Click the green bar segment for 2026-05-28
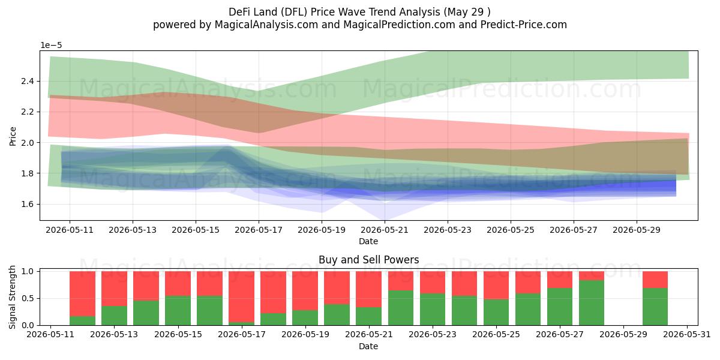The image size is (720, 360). (592, 303)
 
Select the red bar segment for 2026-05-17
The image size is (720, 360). (241, 296)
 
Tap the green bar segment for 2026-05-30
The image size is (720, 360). (655, 307)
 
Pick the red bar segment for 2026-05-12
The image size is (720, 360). (83, 294)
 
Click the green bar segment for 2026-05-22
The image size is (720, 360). (401, 308)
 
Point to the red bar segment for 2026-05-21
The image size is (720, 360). (368, 289)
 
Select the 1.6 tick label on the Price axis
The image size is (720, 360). (28, 204)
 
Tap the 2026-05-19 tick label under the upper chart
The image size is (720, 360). (322, 230)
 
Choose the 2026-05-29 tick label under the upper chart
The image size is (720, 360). (637, 230)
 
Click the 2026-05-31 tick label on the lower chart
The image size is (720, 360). (687, 334)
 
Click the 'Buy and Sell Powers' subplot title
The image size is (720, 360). (368, 260)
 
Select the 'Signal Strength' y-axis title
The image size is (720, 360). (12, 298)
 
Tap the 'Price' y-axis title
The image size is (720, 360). (13, 136)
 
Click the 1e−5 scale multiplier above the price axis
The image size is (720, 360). (51, 46)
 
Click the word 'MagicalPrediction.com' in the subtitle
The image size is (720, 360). (399, 25)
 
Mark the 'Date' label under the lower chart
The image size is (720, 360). (368, 346)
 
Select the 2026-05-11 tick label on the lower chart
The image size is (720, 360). (50, 334)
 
